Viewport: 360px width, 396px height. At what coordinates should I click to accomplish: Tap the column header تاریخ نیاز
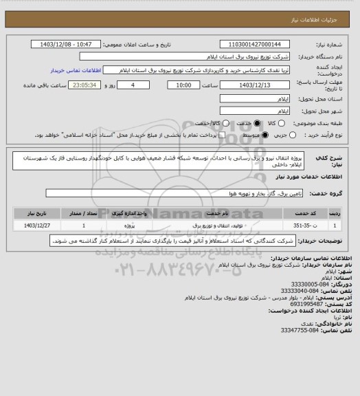tap(38, 212)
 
